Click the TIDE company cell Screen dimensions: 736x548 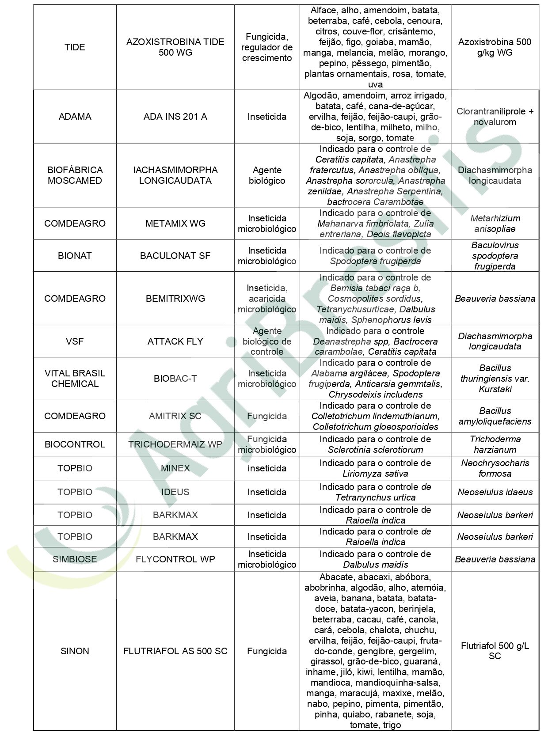[x=75, y=47]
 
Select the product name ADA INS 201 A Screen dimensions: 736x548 [x=175, y=117]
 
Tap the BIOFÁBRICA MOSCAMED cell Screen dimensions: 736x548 [x=75, y=175]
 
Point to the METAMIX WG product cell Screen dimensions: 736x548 [x=175, y=223]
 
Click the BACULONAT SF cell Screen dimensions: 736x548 [x=175, y=255]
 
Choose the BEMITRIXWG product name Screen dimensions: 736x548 [x=175, y=298]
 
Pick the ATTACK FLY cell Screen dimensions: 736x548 [x=175, y=341]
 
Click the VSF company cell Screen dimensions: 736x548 [x=75, y=341]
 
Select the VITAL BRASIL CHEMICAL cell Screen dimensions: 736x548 [x=75, y=378]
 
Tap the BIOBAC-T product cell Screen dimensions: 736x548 [x=175, y=378]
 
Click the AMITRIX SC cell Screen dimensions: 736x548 [x=175, y=416]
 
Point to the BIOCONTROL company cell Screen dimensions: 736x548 [x=75, y=444]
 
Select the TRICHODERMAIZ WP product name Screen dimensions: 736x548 [x=175, y=444]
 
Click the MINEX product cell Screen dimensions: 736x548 [x=175, y=468]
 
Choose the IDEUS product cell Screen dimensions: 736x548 [x=175, y=492]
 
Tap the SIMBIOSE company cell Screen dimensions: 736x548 [x=75, y=559]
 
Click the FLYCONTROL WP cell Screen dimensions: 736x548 [x=175, y=559]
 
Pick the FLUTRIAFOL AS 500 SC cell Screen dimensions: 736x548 [x=175, y=651]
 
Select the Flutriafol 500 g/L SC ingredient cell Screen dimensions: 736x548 [x=495, y=651]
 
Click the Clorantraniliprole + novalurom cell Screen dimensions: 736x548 [x=495, y=117]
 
